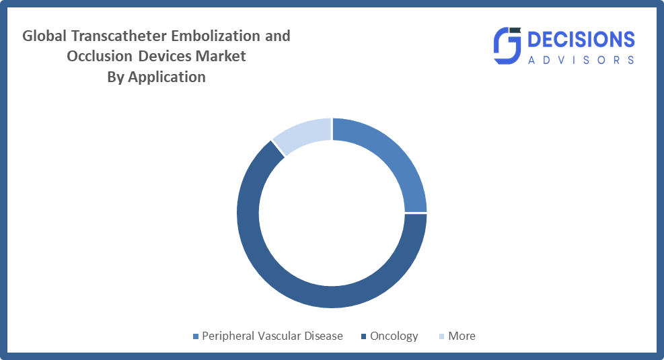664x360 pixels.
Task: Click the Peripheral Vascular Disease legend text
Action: (272, 336)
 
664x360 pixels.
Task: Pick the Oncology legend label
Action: (394, 336)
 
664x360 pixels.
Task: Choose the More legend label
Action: (462, 336)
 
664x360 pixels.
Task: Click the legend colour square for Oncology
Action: (363, 336)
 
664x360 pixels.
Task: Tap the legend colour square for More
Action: (442, 336)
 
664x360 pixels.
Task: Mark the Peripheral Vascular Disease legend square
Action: (196, 336)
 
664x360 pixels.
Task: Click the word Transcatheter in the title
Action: (119, 36)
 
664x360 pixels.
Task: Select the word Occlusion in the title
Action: (100, 57)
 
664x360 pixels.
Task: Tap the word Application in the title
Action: (167, 77)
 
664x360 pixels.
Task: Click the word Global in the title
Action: (44, 36)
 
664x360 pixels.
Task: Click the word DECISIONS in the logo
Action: (581, 40)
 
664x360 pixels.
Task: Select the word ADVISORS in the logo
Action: (581, 60)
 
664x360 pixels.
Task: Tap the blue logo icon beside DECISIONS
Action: (507, 46)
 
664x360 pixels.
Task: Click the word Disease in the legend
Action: (321, 336)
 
